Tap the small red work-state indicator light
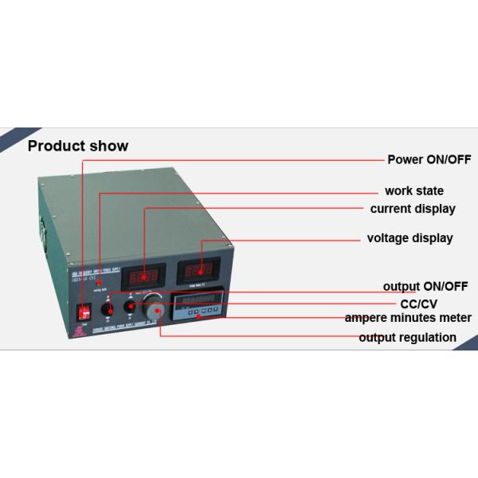99,283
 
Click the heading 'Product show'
78,146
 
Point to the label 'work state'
414,191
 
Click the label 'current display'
413,209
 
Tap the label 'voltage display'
409,237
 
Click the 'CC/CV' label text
418,304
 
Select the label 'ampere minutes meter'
408,318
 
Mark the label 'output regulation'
407,338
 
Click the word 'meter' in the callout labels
455,318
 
